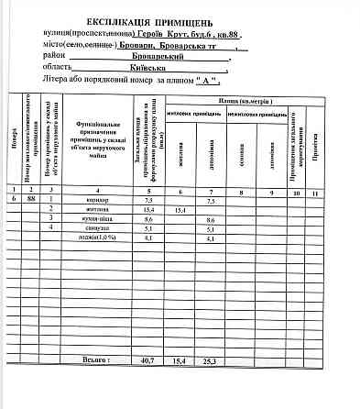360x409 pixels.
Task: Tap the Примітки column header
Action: point(314,147)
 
